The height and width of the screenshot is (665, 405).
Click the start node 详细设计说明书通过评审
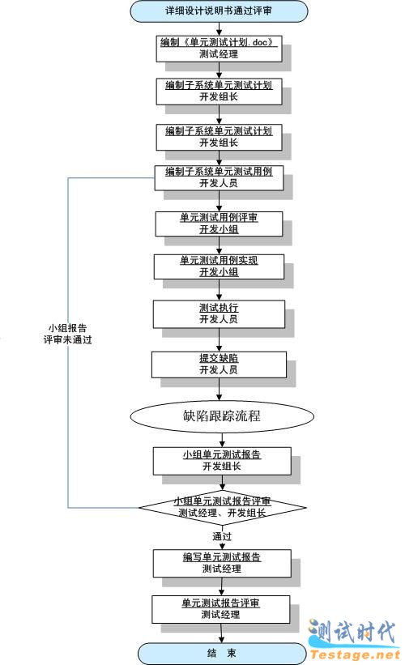click(x=219, y=11)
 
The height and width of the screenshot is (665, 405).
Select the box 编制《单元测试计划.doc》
click(x=219, y=49)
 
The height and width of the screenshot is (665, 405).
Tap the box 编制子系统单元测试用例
click(x=219, y=177)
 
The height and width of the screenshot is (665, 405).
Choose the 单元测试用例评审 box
click(x=219, y=224)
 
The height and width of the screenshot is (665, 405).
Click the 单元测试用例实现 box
click(x=219, y=266)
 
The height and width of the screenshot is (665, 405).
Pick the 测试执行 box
click(x=219, y=313)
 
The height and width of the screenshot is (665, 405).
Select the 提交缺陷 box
click(x=219, y=364)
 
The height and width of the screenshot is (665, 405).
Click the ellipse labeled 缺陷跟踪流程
click(x=222, y=416)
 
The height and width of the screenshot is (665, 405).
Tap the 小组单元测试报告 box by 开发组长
click(x=222, y=461)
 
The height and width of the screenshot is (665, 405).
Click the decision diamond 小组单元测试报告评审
click(x=222, y=507)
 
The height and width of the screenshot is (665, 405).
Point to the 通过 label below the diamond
click(x=222, y=536)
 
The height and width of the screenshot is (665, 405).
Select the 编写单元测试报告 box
click(x=222, y=563)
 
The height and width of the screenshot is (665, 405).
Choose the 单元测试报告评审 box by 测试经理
click(x=220, y=609)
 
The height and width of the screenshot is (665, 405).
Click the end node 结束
click(x=222, y=653)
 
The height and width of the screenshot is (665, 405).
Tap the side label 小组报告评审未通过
click(x=67, y=334)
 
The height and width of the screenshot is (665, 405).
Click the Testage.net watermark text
click(x=356, y=654)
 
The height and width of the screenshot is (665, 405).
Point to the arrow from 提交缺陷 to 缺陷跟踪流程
click(x=220, y=390)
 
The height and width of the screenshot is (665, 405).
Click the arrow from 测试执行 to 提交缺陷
click(x=220, y=339)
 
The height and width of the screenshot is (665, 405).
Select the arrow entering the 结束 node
click(x=221, y=633)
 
